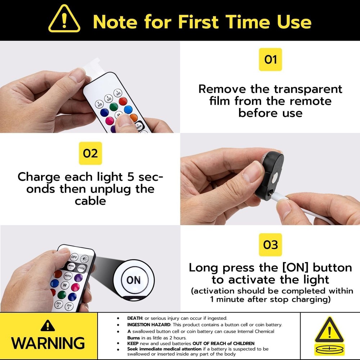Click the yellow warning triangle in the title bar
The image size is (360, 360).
64,20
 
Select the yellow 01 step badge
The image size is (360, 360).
270,59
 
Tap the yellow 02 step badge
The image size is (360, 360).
90,153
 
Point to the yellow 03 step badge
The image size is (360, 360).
270,245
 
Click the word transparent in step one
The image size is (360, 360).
308,89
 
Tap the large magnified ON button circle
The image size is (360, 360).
134,280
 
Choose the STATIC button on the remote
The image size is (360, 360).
81,268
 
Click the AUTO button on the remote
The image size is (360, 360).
68,276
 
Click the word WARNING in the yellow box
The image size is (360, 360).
48,343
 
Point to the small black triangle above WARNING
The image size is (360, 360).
48,325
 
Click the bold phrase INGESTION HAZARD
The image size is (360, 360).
149,325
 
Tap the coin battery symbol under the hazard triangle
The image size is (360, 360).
329,349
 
